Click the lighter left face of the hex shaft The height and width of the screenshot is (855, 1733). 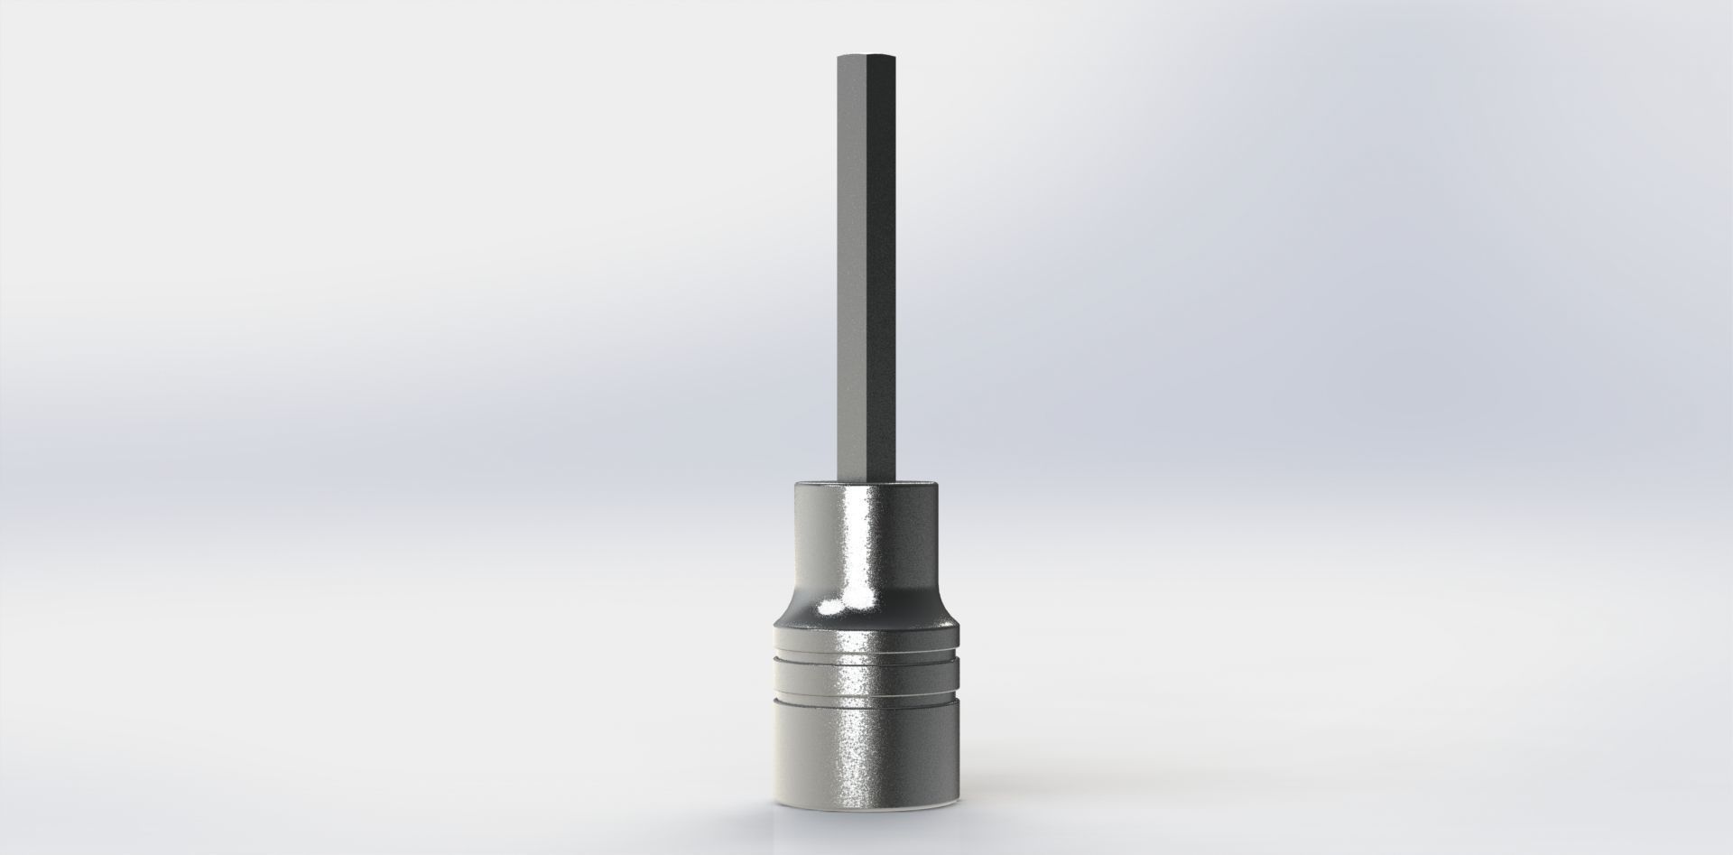coord(849,271)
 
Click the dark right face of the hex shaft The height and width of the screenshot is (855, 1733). coord(884,271)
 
